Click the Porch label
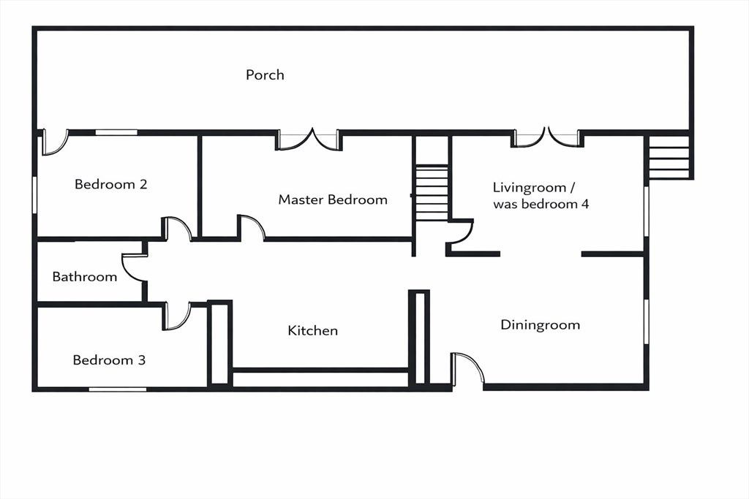265,75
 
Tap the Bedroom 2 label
111,184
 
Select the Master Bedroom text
333,199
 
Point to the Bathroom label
85,277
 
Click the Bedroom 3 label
109,359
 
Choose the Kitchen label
313,331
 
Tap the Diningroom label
541,325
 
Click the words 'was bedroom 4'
541,204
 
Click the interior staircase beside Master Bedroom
432,193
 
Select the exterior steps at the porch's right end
669,157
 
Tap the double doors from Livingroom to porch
547,137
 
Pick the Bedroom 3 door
178,316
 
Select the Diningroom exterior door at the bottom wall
467,368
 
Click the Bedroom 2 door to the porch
54,142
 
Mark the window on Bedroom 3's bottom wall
118,389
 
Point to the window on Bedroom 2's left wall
35,194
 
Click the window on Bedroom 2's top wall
116,133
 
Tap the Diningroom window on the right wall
646,321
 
